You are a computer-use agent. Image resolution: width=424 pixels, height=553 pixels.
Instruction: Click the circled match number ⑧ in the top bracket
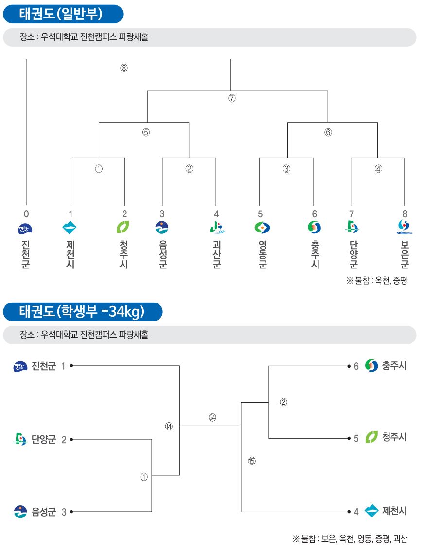124,68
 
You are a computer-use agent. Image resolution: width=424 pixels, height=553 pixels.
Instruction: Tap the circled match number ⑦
231,98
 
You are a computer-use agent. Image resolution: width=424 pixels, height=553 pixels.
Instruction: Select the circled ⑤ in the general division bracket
146,132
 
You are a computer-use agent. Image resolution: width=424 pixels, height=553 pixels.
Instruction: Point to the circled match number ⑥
328,132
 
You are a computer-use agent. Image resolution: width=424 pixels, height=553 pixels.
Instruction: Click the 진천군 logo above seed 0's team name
25,229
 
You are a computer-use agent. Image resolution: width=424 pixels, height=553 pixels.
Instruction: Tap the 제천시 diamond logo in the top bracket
69,228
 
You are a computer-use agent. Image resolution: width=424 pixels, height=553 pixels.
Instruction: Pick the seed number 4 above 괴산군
216,214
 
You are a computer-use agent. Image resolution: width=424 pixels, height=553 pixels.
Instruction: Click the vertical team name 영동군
263,254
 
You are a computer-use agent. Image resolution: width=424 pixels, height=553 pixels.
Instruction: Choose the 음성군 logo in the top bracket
162,228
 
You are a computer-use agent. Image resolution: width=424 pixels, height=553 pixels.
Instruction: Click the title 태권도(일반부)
61,14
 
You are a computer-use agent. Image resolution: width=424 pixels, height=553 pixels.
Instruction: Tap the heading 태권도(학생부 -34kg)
82,311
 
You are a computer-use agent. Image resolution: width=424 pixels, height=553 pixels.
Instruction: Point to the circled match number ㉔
212,418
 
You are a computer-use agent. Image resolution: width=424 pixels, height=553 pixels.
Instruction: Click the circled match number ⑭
169,427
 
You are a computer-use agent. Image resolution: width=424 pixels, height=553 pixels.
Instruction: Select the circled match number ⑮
252,461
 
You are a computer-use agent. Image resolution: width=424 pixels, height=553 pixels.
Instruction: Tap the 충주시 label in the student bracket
394,366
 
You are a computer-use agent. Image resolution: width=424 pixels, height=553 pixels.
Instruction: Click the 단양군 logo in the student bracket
20,439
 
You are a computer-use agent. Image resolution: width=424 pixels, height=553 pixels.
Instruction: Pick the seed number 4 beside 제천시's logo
356,512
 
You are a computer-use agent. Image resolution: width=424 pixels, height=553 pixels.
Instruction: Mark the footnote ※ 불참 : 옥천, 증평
377,280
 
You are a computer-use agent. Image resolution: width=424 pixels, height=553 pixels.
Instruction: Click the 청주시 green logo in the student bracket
371,437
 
